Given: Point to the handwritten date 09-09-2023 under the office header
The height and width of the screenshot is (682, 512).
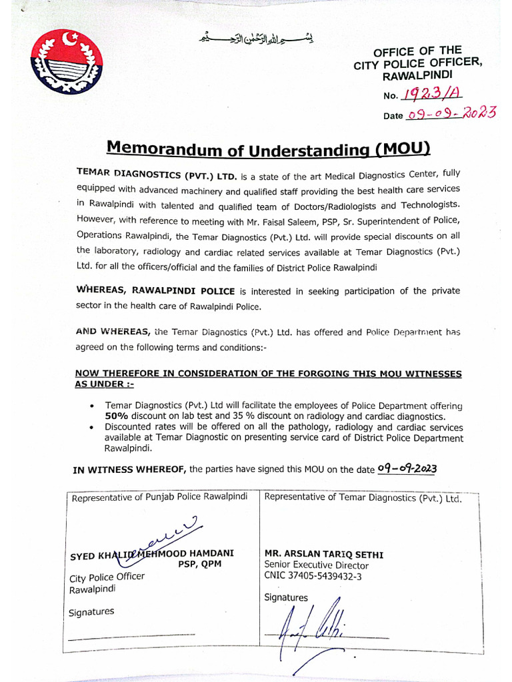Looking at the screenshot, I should click(x=452, y=114).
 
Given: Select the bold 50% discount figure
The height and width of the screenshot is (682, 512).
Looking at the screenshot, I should click(x=117, y=416).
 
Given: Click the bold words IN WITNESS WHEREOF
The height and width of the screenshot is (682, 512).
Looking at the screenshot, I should click(x=130, y=470).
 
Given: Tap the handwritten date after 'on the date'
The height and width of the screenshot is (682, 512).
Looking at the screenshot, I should click(x=407, y=469).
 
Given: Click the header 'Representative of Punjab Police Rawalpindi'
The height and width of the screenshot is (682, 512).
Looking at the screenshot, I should click(x=159, y=498).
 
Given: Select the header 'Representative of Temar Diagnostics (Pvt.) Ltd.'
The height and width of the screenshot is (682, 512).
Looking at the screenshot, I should click(x=363, y=498).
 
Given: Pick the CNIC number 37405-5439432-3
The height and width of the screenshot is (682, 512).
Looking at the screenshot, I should click(x=313, y=577).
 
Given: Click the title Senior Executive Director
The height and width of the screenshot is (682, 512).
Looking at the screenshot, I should click(x=316, y=565).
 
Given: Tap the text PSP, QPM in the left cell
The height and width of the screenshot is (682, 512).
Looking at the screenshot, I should click(x=199, y=565).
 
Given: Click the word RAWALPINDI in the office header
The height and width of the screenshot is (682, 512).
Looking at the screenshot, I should click(x=425, y=77).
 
